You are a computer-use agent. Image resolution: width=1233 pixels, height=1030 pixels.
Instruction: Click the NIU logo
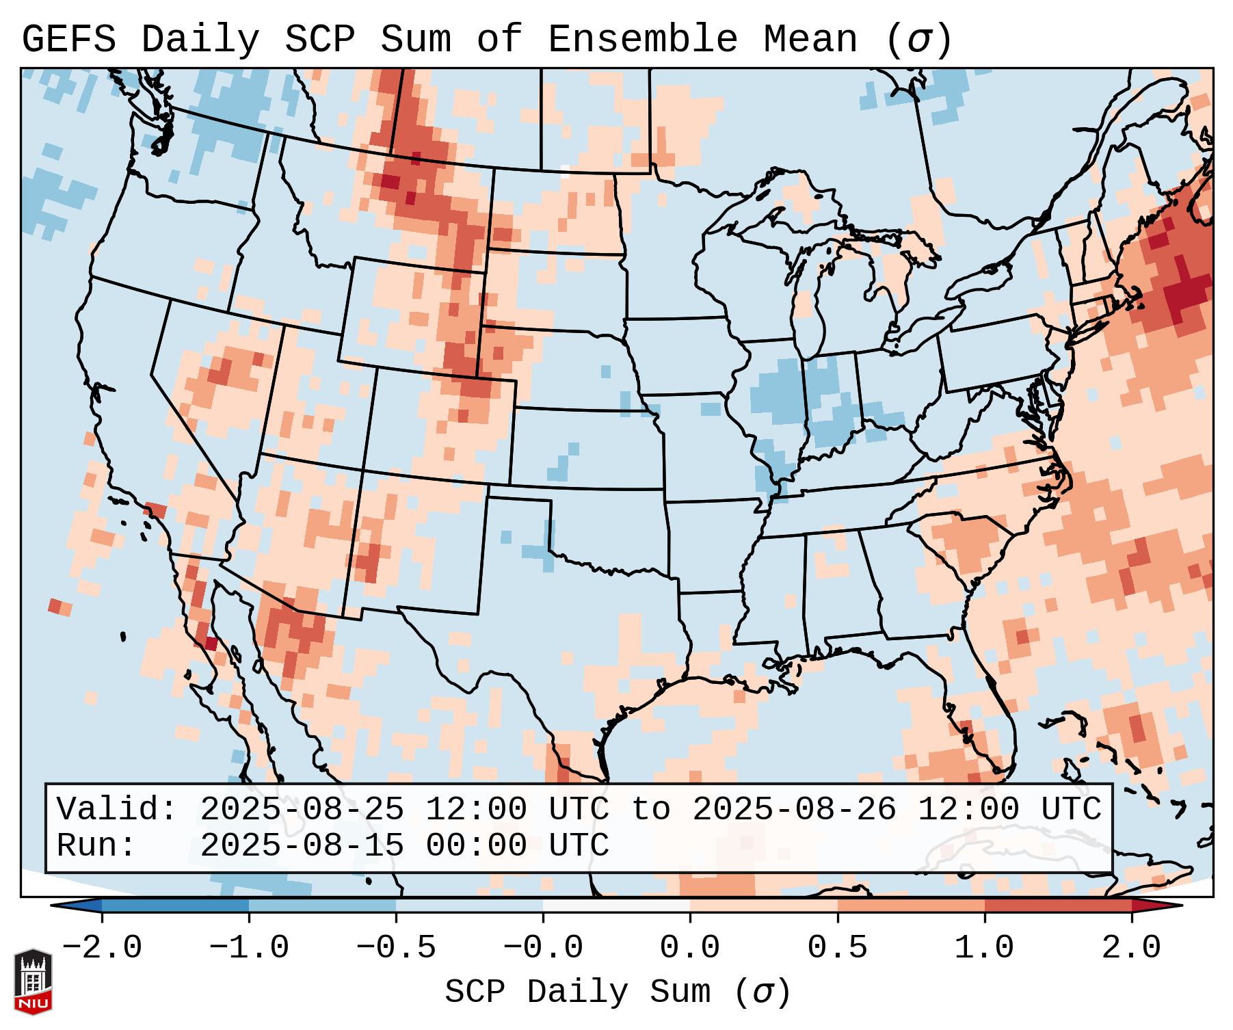(x=33, y=981)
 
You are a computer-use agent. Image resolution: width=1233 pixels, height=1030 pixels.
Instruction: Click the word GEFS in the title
(x=69, y=39)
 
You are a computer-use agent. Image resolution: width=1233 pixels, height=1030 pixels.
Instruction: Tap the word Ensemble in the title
(x=643, y=39)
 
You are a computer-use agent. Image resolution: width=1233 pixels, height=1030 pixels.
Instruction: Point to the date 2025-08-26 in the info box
(x=794, y=809)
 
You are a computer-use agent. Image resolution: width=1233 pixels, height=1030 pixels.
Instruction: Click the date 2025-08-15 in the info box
(x=302, y=845)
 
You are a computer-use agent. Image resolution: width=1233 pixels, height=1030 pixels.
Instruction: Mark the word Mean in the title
(x=810, y=39)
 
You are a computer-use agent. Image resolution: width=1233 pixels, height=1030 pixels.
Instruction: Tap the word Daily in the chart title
(x=200, y=39)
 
